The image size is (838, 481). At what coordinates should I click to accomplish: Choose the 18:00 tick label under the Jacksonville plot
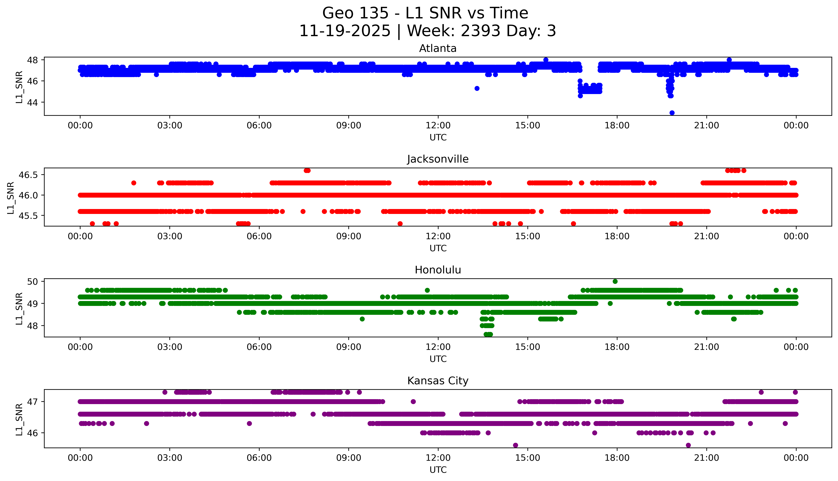pyautogui.click(x=617, y=236)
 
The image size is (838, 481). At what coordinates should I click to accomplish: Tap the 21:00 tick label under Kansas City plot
pyautogui.click(x=706, y=458)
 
